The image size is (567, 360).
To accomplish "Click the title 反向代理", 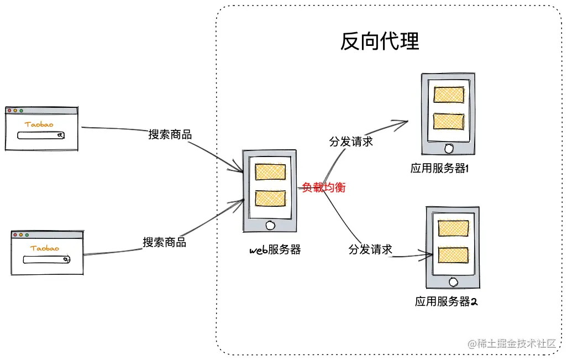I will (380, 41).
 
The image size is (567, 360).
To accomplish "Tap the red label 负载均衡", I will (323, 187).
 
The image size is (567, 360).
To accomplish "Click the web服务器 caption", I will (275, 249).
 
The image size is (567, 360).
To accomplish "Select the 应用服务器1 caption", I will (440, 169).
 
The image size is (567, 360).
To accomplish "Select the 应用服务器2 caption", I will (446, 302).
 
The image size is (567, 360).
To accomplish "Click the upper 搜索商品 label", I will (170, 134).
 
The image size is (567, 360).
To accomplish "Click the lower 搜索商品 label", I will (165, 242).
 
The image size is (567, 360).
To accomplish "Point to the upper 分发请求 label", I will (351, 142).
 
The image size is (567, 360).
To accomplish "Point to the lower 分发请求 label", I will (370, 249).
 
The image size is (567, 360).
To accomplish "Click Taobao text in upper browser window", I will (39, 124).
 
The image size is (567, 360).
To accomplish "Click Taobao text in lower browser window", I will (45, 248).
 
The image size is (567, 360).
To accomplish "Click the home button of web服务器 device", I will (270, 225).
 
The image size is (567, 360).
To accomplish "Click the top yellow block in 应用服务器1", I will (448, 95).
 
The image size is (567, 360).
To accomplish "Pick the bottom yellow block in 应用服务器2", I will (453, 254).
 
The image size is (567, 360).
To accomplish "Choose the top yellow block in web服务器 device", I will (270, 172).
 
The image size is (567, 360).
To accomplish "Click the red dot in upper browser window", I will (9, 111).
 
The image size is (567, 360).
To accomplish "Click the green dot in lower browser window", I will (27, 235).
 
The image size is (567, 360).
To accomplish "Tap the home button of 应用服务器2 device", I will (453, 282).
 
